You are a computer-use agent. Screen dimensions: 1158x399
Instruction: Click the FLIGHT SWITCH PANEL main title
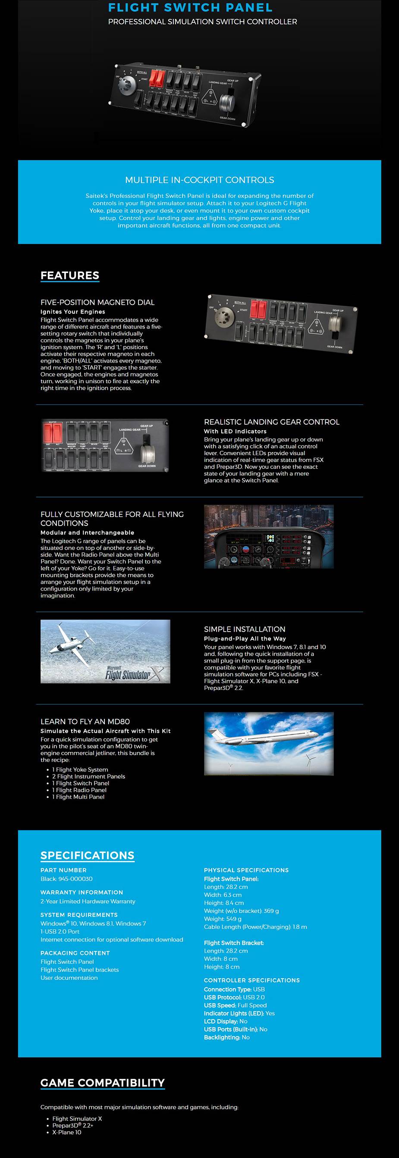pyautogui.click(x=190, y=8)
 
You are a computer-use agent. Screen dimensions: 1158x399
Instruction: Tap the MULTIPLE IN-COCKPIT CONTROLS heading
pyautogui.click(x=199, y=180)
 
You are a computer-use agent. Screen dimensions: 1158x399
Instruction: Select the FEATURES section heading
pyautogui.click(x=70, y=275)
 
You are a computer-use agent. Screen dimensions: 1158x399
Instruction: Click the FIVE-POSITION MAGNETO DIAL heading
pyautogui.click(x=97, y=302)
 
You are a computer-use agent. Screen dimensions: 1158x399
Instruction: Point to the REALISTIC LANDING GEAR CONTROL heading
pyautogui.click(x=272, y=422)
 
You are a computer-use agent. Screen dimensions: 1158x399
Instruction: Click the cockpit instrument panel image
pyautogui.click(x=269, y=536)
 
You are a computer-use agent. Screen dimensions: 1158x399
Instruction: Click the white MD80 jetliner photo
pyautogui.click(x=269, y=744)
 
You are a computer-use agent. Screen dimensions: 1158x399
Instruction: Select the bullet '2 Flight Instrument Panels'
pyautogui.click(x=88, y=776)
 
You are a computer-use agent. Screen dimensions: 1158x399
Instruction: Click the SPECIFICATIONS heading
pyautogui.click(x=87, y=855)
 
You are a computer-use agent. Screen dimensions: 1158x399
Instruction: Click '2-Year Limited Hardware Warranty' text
pyautogui.click(x=88, y=901)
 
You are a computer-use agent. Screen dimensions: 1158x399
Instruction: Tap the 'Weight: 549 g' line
pyautogui.click(x=223, y=919)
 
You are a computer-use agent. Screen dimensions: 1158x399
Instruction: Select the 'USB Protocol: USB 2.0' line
pyautogui.click(x=234, y=997)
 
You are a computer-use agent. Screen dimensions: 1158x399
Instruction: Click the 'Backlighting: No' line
pyautogui.click(x=226, y=1037)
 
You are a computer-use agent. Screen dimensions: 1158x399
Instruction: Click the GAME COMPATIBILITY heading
pyautogui.click(x=103, y=1083)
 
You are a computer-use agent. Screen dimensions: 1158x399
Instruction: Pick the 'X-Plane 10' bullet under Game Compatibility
pyautogui.click(x=66, y=1132)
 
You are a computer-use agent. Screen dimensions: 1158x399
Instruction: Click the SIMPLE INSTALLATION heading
pyautogui.click(x=244, y=629)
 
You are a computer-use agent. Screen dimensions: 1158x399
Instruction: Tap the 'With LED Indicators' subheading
pyautogui.click(x=235, y=431)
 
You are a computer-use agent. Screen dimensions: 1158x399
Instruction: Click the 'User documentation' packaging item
pyautogui.click(x=69, y=978)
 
